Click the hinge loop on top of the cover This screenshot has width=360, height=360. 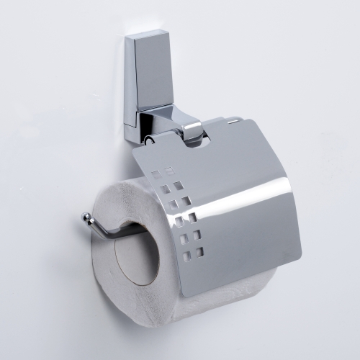(x=193, y=132)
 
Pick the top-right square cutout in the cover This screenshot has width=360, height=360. (x=170, y=171)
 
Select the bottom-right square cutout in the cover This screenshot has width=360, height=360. (x=199, y=252)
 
